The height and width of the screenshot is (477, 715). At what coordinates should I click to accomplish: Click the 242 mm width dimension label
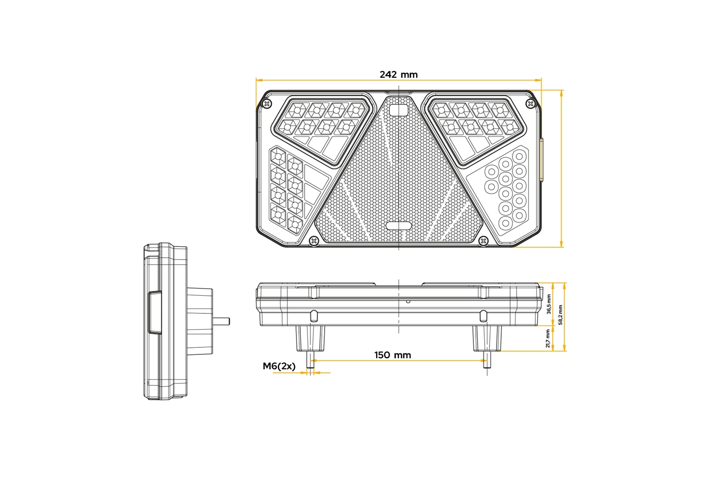pos(398,74)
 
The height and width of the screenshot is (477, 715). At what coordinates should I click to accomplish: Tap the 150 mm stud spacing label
pos(393,355)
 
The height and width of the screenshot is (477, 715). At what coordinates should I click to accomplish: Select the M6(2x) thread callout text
pos(279,366)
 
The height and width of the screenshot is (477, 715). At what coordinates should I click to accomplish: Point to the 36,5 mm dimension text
pos(549,304)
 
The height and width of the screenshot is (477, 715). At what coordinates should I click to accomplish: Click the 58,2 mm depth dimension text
pos(560,315)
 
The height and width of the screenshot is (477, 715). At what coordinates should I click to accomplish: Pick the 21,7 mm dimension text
pos(548,338)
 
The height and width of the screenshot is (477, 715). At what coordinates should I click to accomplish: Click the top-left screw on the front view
pos(267,104)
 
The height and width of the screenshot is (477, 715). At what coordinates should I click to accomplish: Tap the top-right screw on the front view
pos(530,104)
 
